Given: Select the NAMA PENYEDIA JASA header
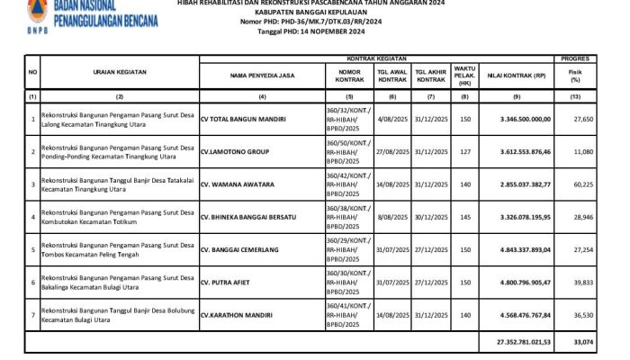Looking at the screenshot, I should click(261, 75).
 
